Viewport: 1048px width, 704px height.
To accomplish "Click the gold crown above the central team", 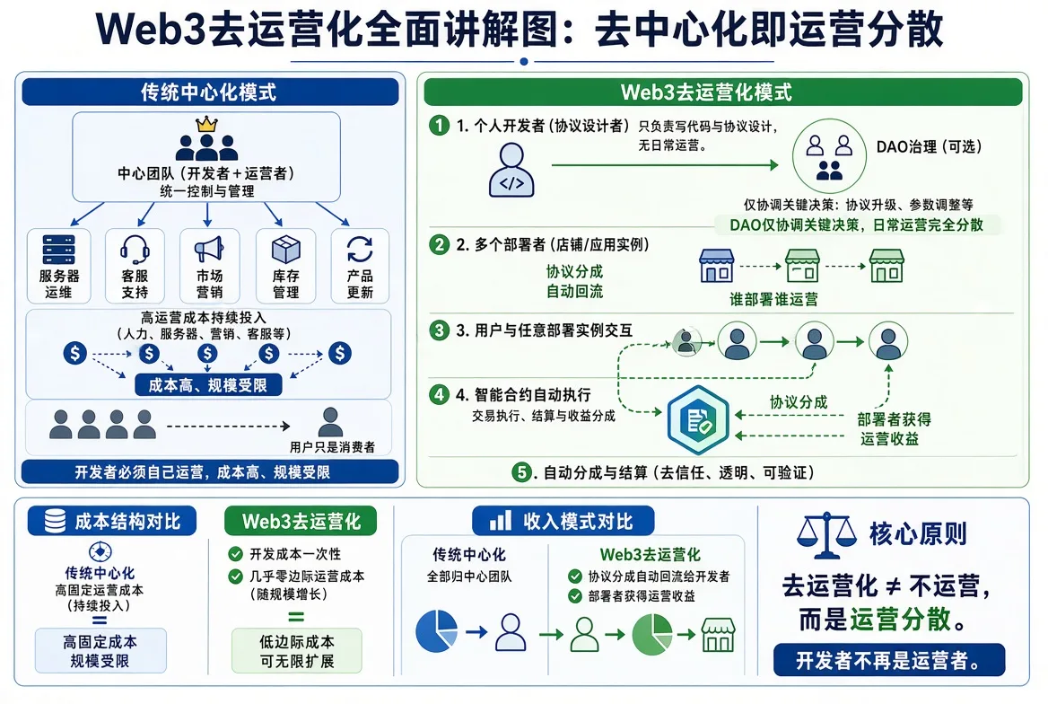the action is (206, 125).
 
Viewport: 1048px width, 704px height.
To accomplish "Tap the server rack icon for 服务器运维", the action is (58, 250).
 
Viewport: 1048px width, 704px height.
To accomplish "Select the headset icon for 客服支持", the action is (135, 250).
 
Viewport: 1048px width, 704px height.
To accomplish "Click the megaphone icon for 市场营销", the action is (209, 249).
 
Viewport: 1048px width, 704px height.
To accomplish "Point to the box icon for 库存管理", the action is (285, 250).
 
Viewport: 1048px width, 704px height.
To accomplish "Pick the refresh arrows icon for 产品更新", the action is (360, 250).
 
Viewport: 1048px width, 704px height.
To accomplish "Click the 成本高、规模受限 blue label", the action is (208, 385).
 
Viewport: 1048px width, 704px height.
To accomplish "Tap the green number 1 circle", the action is (439, 125).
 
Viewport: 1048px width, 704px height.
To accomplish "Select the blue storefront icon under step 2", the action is (717, 266).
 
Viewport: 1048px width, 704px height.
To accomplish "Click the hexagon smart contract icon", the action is (698, 420).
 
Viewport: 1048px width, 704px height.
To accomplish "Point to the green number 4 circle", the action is (439, 394).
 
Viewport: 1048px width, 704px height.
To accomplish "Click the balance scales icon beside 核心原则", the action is (826, 535).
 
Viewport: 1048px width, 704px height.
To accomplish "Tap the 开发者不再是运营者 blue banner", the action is (889, 661).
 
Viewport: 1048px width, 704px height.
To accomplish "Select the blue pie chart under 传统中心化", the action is (436, 630).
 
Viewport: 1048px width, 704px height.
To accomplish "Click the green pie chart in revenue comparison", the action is (651, 634).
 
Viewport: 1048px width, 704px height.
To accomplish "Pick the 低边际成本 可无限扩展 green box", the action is (297, 650).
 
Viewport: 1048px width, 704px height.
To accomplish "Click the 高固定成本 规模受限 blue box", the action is (100, 650).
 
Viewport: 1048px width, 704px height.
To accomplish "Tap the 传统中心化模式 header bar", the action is (210, 92).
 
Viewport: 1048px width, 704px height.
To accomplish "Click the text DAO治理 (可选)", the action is (929, 146).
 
